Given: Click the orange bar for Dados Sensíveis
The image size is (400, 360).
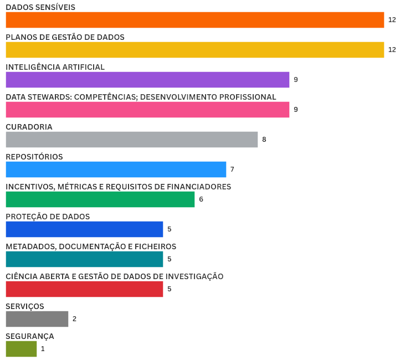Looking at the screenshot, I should (195, 20).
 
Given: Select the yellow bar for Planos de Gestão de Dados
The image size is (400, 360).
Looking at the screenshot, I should (195, 50).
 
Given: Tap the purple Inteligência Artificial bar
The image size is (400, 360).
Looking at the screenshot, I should (147, 80).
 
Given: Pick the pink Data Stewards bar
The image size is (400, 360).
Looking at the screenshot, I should (147, 110).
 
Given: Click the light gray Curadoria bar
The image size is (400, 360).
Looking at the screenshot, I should (132, 140).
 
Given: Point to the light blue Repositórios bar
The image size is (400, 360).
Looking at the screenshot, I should (116, 169).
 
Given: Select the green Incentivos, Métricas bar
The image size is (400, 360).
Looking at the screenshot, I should (100, 199).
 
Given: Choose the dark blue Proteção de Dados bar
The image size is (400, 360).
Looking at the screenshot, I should (84, 229).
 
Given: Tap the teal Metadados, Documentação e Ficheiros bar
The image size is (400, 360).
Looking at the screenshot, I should (84, 259).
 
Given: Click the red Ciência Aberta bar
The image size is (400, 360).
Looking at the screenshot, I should (84, 289).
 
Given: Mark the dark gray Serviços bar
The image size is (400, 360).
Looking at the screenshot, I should (37, 319).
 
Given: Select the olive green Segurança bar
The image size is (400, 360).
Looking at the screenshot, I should (21, 349).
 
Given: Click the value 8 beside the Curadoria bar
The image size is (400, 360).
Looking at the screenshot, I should (264, 140).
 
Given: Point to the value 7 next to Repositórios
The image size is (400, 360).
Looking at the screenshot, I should (233, 169).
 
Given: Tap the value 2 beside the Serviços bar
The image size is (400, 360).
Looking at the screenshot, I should (74, 319).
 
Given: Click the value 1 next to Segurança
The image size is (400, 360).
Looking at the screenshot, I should (43, 349).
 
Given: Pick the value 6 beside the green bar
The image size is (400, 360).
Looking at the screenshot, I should (201, 199).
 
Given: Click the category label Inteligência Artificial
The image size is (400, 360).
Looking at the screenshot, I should (55, 67).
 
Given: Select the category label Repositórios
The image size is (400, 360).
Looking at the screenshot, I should (34, 157).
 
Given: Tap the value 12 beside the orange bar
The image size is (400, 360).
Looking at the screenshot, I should (392, 20).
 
